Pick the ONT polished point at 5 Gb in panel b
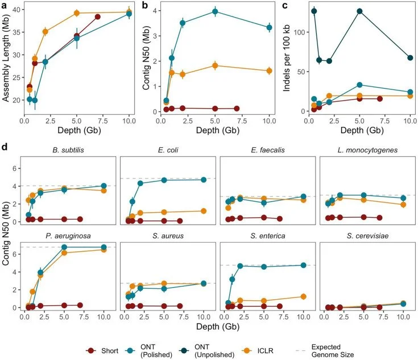215,11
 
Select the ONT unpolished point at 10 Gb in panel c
410,57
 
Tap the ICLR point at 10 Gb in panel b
269,71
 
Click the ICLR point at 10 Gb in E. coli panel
204,210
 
